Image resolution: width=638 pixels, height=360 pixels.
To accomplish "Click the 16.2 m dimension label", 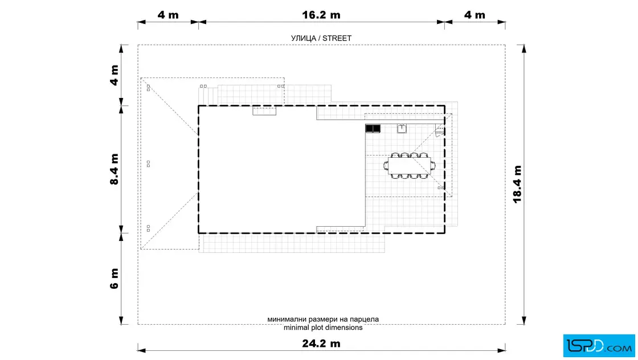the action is click(321, 15).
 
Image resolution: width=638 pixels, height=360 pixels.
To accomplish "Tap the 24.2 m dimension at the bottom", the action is click(321, 343).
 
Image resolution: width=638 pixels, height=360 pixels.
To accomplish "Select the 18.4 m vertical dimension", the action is click(517, 184).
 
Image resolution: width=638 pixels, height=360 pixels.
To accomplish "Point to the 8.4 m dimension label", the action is click(114, 169).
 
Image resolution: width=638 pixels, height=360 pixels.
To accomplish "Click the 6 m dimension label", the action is click(114, 279).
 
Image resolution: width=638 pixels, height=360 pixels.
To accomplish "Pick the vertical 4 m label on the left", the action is click(114, 75).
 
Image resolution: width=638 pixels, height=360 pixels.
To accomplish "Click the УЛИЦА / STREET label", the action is click(321, 38).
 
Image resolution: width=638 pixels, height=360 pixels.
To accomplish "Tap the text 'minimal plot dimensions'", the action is click(323, 328).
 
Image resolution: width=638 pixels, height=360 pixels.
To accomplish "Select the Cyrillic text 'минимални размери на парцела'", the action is click(323, 320).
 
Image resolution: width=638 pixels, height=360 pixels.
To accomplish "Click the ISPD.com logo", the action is click(599, 346).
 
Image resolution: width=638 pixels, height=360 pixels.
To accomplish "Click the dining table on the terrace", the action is click(410, 166).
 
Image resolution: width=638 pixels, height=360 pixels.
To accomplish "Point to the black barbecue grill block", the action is click(373, 129).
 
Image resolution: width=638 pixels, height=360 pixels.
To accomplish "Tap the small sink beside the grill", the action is click(402, 129).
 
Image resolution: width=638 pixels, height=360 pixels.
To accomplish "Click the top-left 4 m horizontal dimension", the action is click(168, 15).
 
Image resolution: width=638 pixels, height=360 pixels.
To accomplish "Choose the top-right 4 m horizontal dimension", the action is click(475, 15).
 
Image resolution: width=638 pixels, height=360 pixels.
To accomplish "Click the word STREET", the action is click(337, 38).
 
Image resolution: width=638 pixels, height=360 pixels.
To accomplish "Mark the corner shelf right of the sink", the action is click(439, 130).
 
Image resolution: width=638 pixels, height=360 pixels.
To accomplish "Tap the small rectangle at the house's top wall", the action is click(264, 111).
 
